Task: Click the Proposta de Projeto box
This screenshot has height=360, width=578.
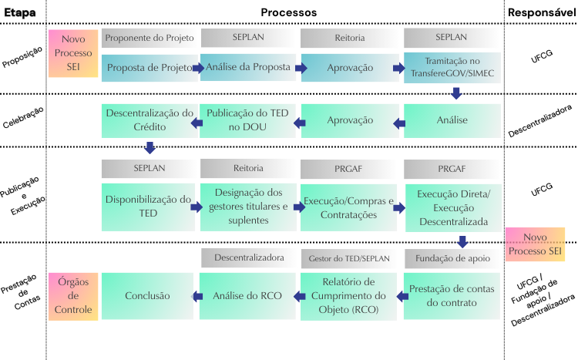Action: coord(149,68)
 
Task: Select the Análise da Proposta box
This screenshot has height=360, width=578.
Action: coord(248,68)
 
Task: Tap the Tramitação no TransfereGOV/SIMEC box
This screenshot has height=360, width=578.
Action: coord(452,68)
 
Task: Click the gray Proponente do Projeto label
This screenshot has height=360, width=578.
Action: coord(149,38)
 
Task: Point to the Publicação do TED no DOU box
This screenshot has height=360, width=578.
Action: coord(248,120)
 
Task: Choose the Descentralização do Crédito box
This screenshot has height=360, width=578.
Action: coord(149,120)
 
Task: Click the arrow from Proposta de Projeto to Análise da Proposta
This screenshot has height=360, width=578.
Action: coord(198,69)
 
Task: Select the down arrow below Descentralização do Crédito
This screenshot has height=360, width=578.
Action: coord(150,147)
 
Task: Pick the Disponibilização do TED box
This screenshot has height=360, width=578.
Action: coord(149,207)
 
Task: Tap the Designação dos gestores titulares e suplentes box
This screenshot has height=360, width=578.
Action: coord(248,207)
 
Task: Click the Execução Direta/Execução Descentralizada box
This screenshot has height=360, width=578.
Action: coord(452,207)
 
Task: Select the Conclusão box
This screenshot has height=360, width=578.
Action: coord(149,295)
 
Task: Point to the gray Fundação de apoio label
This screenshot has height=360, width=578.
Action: coord(452,257)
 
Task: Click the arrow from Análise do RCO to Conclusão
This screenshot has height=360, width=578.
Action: coord(198,296)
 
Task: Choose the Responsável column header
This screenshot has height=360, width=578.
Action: coord(541,12)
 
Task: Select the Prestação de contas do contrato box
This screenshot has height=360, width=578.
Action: coord(452,295)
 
